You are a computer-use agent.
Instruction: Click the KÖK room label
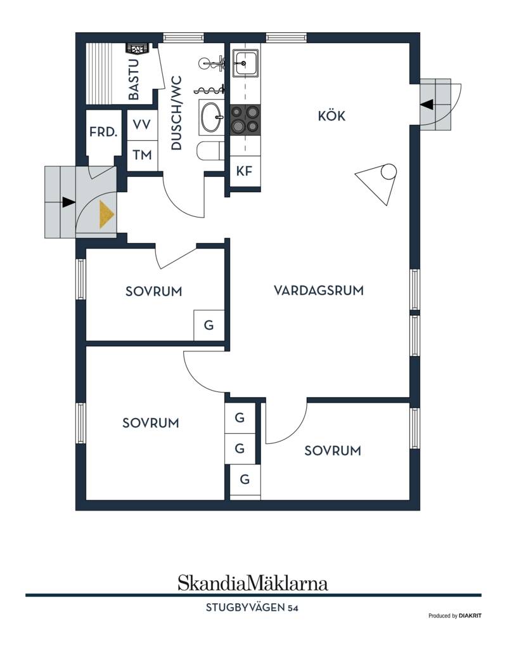pyautogui.click(x=331, y=115)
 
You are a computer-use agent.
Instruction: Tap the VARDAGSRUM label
pyautogui.click(x=319, y=290)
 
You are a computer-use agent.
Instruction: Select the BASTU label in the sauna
pyautogui.click(x=134, y=79)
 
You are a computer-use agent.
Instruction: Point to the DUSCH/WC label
pyautogui.click(x=176, y=113)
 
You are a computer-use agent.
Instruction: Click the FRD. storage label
pyautogui.click(x=103, y=132)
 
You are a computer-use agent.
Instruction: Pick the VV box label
pyautogui.click(x=142, y=124)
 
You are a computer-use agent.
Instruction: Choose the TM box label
pyautogui.click(x=142, y=155)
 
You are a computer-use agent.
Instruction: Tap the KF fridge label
pyautogui.click(x=245, y=171)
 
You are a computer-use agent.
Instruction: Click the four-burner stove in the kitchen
pyautogui.click(x=245, y=119)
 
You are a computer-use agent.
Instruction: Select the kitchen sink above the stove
pyautogui.click(x=245, y=63)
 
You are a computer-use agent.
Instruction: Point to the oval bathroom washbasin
pyautogui.click(x=212, y=117)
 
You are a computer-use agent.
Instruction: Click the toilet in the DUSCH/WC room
pyautogui.click(x=210, y=150)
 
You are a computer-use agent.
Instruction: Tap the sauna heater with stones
pyautogui.click(x=137, y=49)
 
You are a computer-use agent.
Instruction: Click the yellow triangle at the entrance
pyautogui.click(x=106, y=214)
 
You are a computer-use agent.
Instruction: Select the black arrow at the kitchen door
pyautogui.click(x=427, y=105)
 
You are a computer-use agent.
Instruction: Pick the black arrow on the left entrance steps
pyautogui.click(x=68, y=202)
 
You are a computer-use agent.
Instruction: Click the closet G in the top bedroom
pyautogui.click(x=209, y=325)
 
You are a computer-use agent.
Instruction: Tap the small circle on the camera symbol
pyautogui.click(x=389, y=171)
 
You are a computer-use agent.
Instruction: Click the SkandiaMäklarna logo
pyautogui.click(x=253, y=583)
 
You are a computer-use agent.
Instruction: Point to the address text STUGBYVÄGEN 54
pyautogui.click(x=252, y=608)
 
